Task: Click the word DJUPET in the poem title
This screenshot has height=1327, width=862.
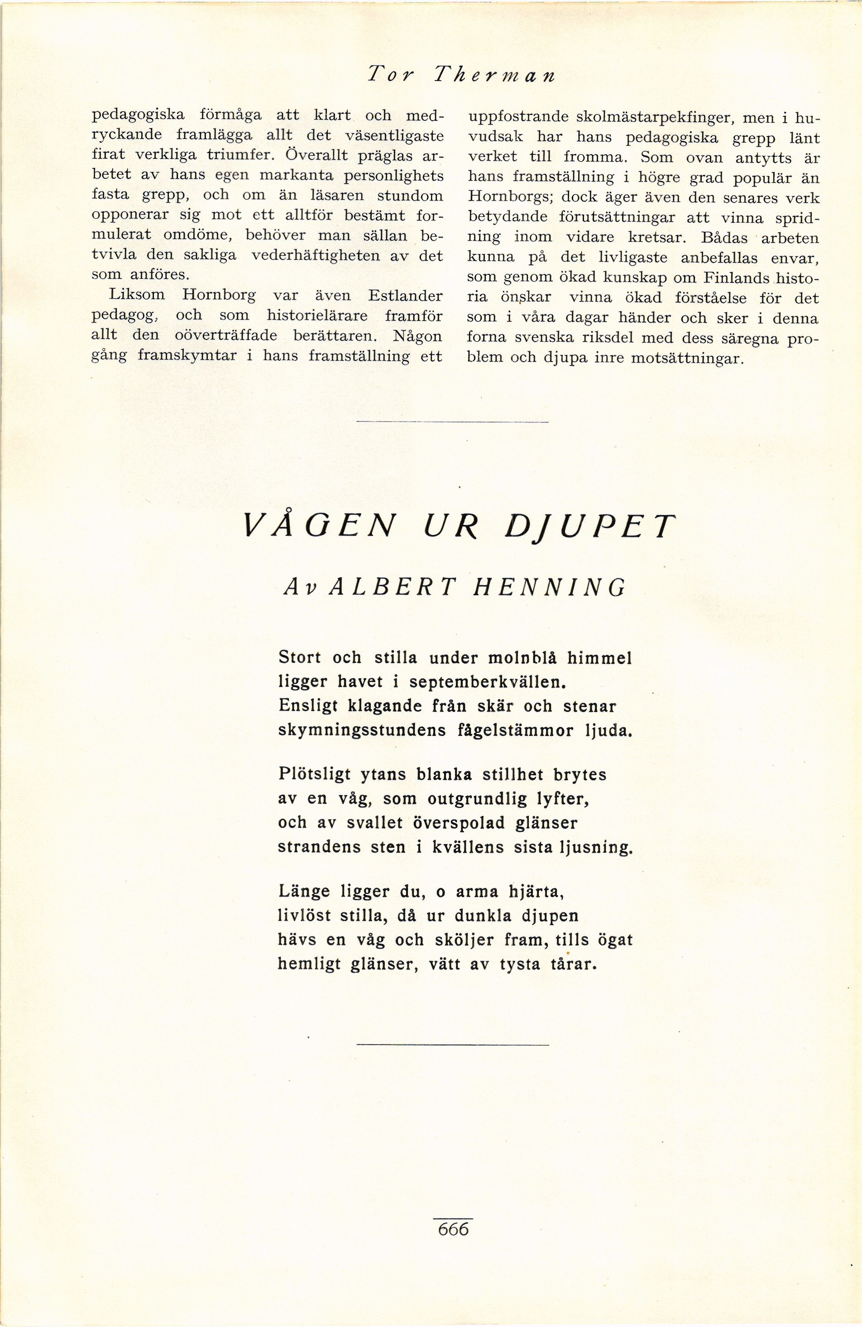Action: click(x=590, y=526)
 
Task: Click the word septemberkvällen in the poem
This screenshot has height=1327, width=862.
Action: click(x=487, y=683)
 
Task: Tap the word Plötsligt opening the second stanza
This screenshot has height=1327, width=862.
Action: click(x=315, y=775)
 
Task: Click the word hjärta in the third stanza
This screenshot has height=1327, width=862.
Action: click(x=536, y=892)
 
